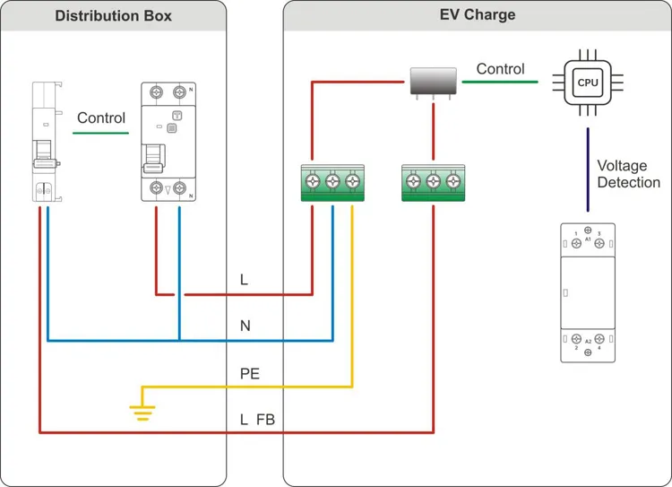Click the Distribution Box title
pyautogui.click(x=113, y=16)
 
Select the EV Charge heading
pyautogui.click(x=477, y=15)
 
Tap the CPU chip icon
pyautogui.click(x=587, y=83)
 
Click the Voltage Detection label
pyautogui.click(x=628, y=174)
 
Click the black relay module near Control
pyautogui.click(x=434, y=83)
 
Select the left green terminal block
pyautogui.click(x=332, y=184)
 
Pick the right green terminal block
pyautogui.click(x=434, y=184)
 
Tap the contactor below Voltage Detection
pyautogui.click(x=588, y=292)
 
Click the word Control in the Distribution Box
pyautogui.click(x=101, y=117)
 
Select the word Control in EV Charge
pyautogui.click(x=500, y=68)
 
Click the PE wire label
pyautogui.click(x=249, y=374)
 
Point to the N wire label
pyautogui.click(x=245, y=326)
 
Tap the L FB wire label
pyautogui.click(x=257, y=420)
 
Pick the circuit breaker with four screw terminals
pyautogui.click(x=168, y=143)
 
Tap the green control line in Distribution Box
pyautogui.click(x=101, y=134)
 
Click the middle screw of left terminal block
pyautogui.click(x=332, y=180)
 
